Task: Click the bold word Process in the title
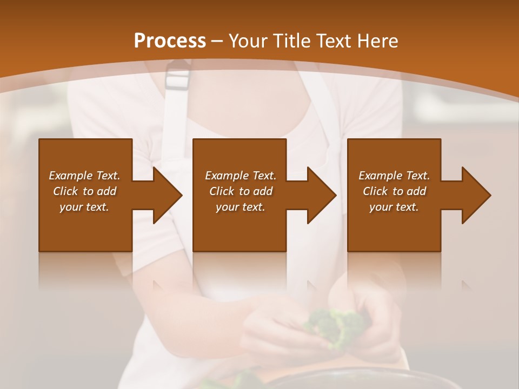(170, 41)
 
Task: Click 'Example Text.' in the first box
(84, 176)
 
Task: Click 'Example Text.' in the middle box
(241, 176)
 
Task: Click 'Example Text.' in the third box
(394, 176)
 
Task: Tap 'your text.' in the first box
(84, 207)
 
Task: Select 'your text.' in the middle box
(241, 207)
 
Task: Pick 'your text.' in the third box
(394, 207)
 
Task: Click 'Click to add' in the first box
(84, 191)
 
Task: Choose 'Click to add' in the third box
(394, 191)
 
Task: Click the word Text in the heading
(334, 41)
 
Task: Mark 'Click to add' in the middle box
(241, 191)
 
